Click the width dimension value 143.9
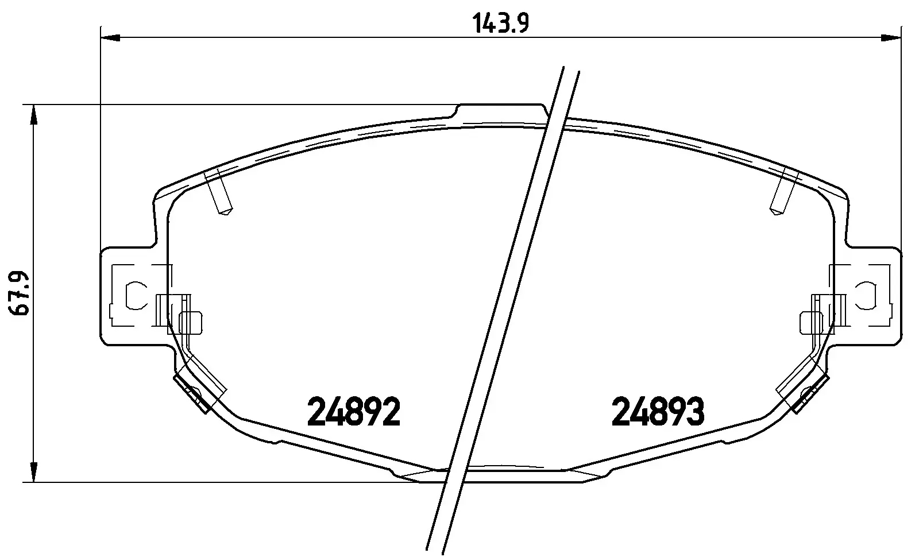(500, 25)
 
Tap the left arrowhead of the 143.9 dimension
(110, 38)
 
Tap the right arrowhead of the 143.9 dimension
(890, 38)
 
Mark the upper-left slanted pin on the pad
(218, 192)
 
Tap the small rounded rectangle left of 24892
(191, 322)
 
